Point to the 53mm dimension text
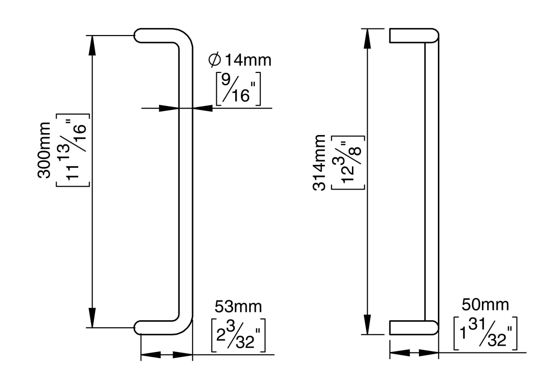(238, 307)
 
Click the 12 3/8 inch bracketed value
(349, 162)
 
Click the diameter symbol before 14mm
(214, 60)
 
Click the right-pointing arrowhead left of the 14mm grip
(169, 108)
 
